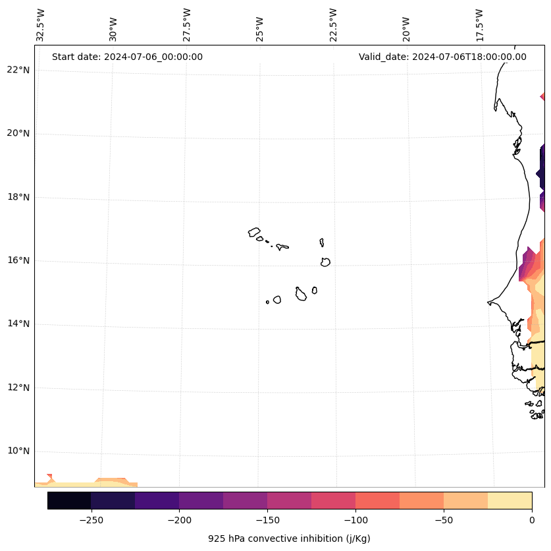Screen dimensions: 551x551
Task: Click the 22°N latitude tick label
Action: [x=18, y=70]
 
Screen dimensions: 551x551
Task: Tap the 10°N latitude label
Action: [x=18, y=451]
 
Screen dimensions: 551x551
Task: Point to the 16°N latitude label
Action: [x=18, y=260]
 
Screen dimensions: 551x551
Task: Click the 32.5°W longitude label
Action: [x=41, y=25]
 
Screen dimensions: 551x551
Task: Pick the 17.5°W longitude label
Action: [x=480, y=25]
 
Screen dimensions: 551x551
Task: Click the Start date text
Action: [x=127, y=57]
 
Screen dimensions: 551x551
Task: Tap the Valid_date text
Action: [x=442, y=57]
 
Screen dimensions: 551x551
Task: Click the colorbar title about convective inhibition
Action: [x=289, y=538]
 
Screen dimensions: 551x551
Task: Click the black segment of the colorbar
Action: [x=69, y=501]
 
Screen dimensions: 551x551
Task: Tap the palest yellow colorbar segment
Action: [x=510, y=501]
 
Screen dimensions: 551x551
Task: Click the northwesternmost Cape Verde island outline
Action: [x=254, y=232]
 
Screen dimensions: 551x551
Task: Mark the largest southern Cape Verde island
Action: [x=301, y=294]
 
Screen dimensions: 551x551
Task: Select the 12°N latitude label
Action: [x=18, y=388]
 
